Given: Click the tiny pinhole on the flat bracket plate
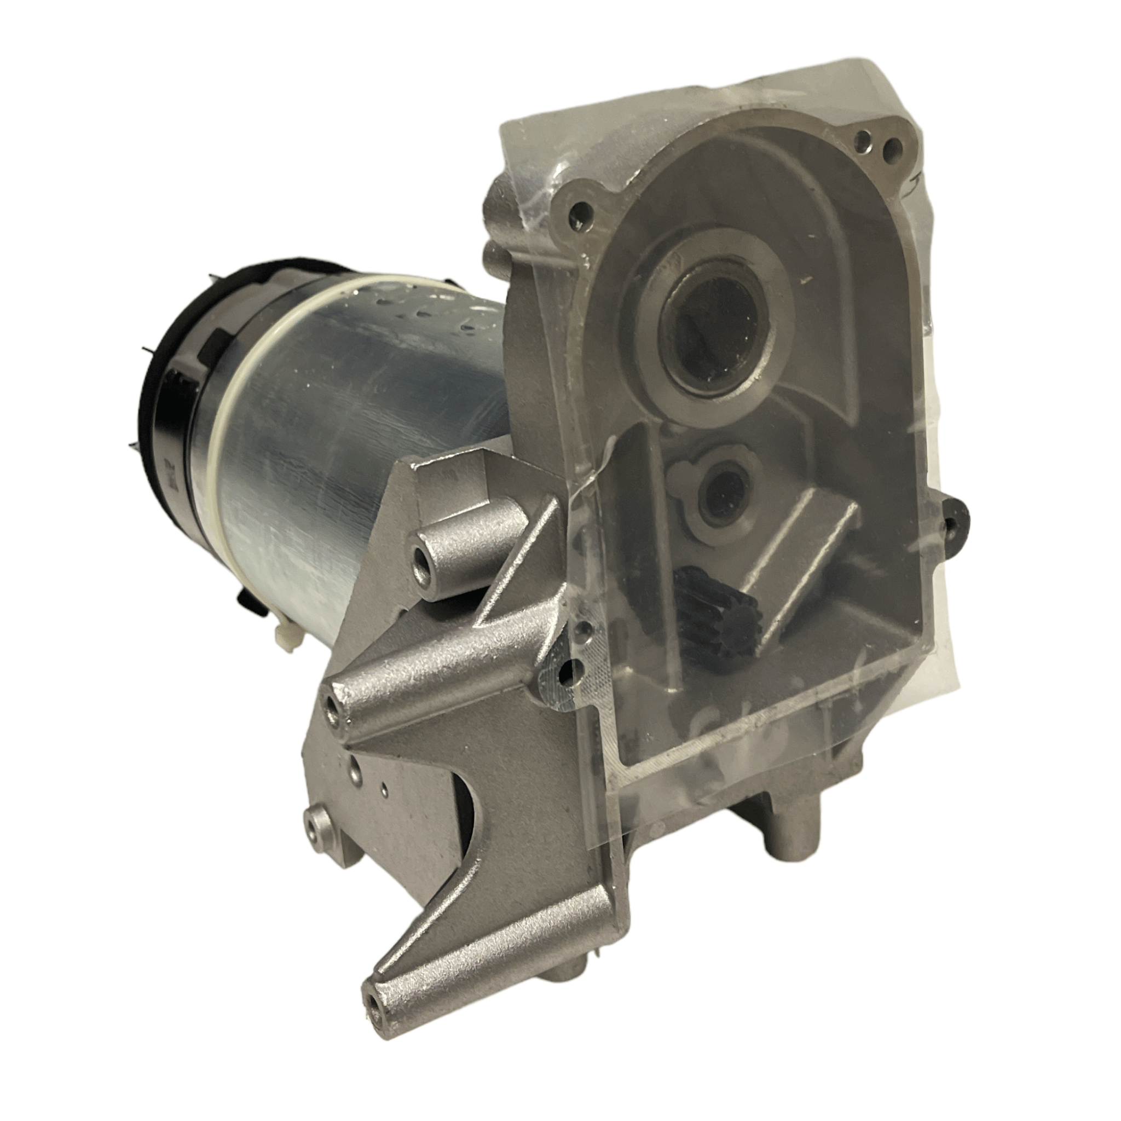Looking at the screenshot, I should coord(384,789).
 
